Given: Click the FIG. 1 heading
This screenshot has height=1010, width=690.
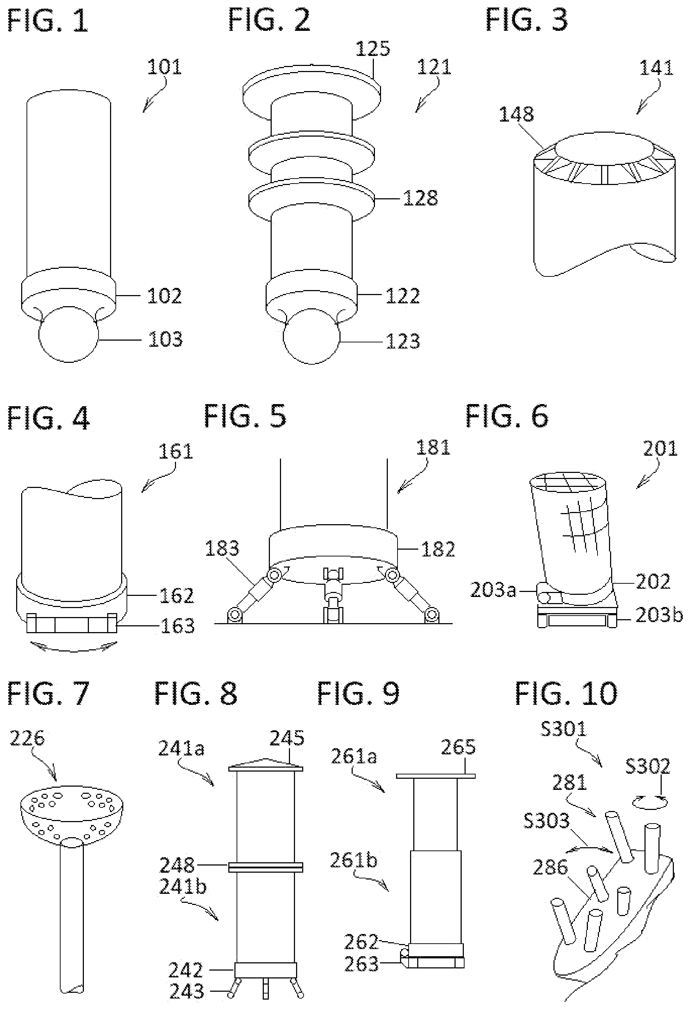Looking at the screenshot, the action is coord(48,20).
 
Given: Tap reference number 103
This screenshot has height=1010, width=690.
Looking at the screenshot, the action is coord(165,340).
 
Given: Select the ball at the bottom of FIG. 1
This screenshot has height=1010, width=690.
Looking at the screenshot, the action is coord(69,334).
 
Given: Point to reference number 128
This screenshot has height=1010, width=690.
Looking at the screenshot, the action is coord(420,198).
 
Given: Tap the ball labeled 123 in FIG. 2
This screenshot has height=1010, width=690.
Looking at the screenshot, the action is coord(311,336).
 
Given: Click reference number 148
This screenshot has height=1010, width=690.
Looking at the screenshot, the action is coord(516,115).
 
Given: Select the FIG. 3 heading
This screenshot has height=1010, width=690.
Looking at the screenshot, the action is coord(527,20).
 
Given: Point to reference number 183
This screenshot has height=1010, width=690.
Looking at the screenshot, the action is coord(222,549).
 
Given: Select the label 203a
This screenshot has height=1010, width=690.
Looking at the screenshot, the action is coord(493,590).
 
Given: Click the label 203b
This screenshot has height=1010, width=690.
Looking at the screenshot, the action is coord(659,615).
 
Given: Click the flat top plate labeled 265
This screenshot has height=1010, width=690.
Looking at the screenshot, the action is coord(436,776).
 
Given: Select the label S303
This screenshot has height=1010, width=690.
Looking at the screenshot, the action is coord(546,821).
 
